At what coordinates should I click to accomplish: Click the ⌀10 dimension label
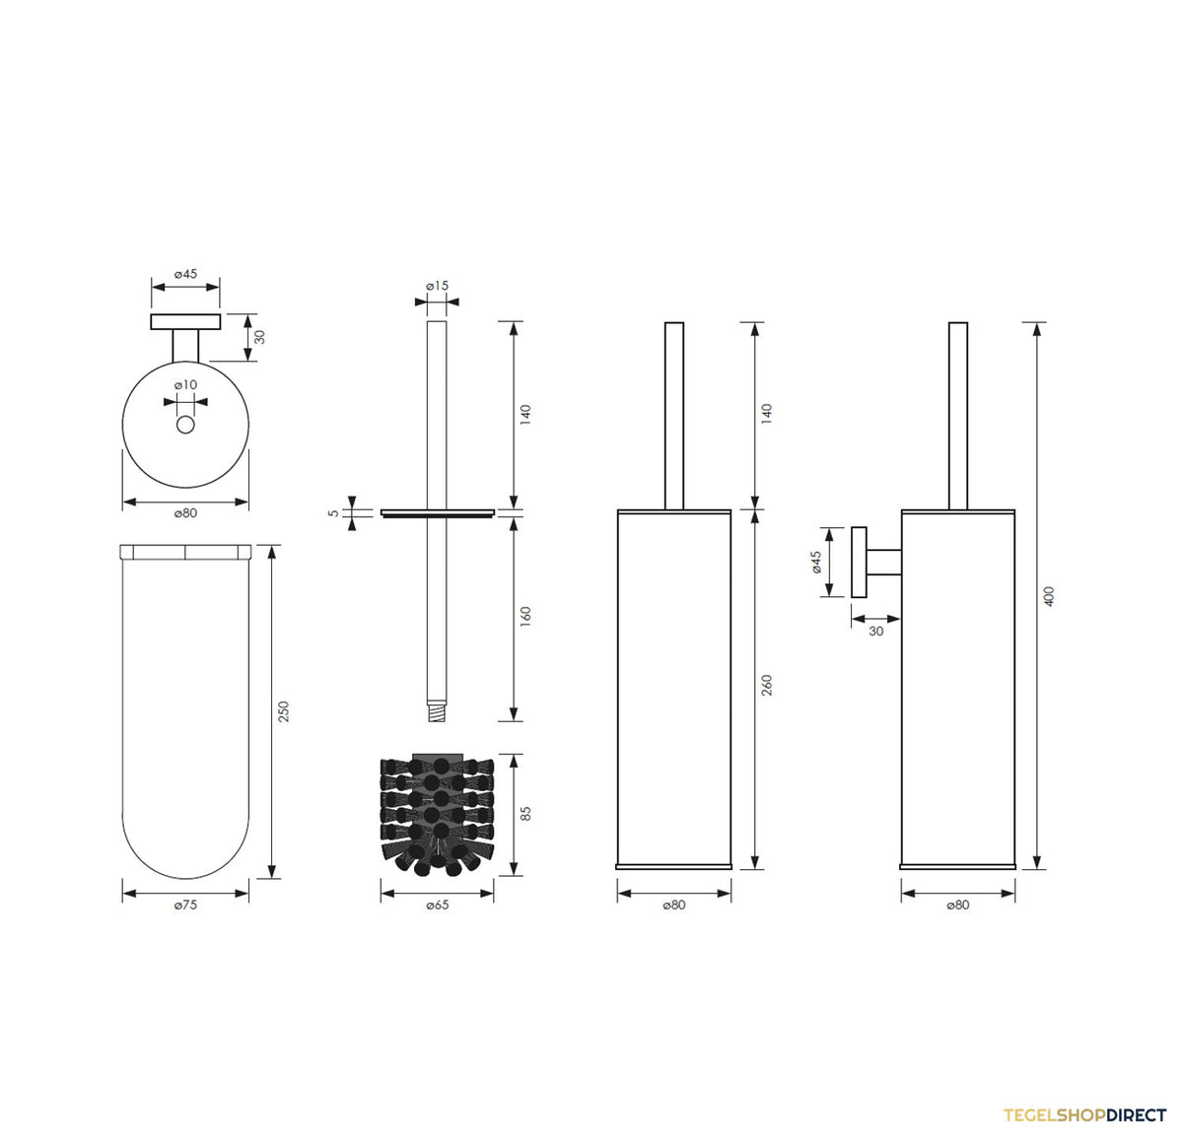tap(185, 384)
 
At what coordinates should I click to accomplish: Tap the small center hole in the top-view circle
tap(185, 425)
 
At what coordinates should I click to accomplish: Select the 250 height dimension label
tap(283, 711)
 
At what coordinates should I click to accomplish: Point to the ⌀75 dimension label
tap(185, 905)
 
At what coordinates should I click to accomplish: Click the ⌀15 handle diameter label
tap(437, 286)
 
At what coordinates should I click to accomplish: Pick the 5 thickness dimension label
tap(333, 513)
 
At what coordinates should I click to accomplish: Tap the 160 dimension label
tap(525, 616)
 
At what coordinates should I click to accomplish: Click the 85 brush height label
tap(525, 814)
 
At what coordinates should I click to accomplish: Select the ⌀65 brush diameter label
tap(437, 905)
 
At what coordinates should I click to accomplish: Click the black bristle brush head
tap(437, 815)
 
